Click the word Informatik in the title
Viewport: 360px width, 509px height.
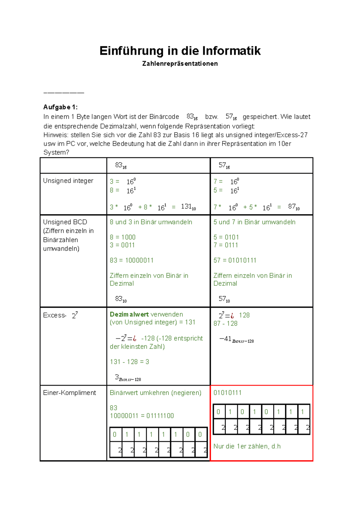click(231, 51)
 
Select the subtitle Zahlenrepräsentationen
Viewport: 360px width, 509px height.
click(180, 64)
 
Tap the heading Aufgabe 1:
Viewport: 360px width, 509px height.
click(60, 107)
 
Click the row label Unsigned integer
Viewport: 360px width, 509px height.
click(68, 181)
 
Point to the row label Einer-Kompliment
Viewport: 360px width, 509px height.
click(69, 393)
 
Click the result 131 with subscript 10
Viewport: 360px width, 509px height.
click(188, 207)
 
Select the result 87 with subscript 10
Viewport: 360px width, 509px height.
click(293, 207)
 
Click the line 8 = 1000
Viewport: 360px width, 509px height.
click(122, 237)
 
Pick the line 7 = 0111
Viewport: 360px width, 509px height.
click(226, 245)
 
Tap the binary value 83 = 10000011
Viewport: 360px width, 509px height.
click(131, 260)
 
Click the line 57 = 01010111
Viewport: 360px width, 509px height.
click(235, 260)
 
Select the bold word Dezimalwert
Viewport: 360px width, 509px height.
click(129, 314)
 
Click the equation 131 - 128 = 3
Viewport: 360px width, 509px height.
click(129, 362)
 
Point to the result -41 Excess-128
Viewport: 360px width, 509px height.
click(236, 339)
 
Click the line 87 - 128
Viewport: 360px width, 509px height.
click(225, 323)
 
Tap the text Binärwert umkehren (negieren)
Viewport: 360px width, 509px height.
click(155, 393)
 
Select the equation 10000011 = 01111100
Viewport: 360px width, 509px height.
click(142, 416)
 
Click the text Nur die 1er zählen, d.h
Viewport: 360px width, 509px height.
click(247, 446)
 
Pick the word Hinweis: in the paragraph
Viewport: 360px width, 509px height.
click(56, 135)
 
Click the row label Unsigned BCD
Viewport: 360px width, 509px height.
click(65, 222)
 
